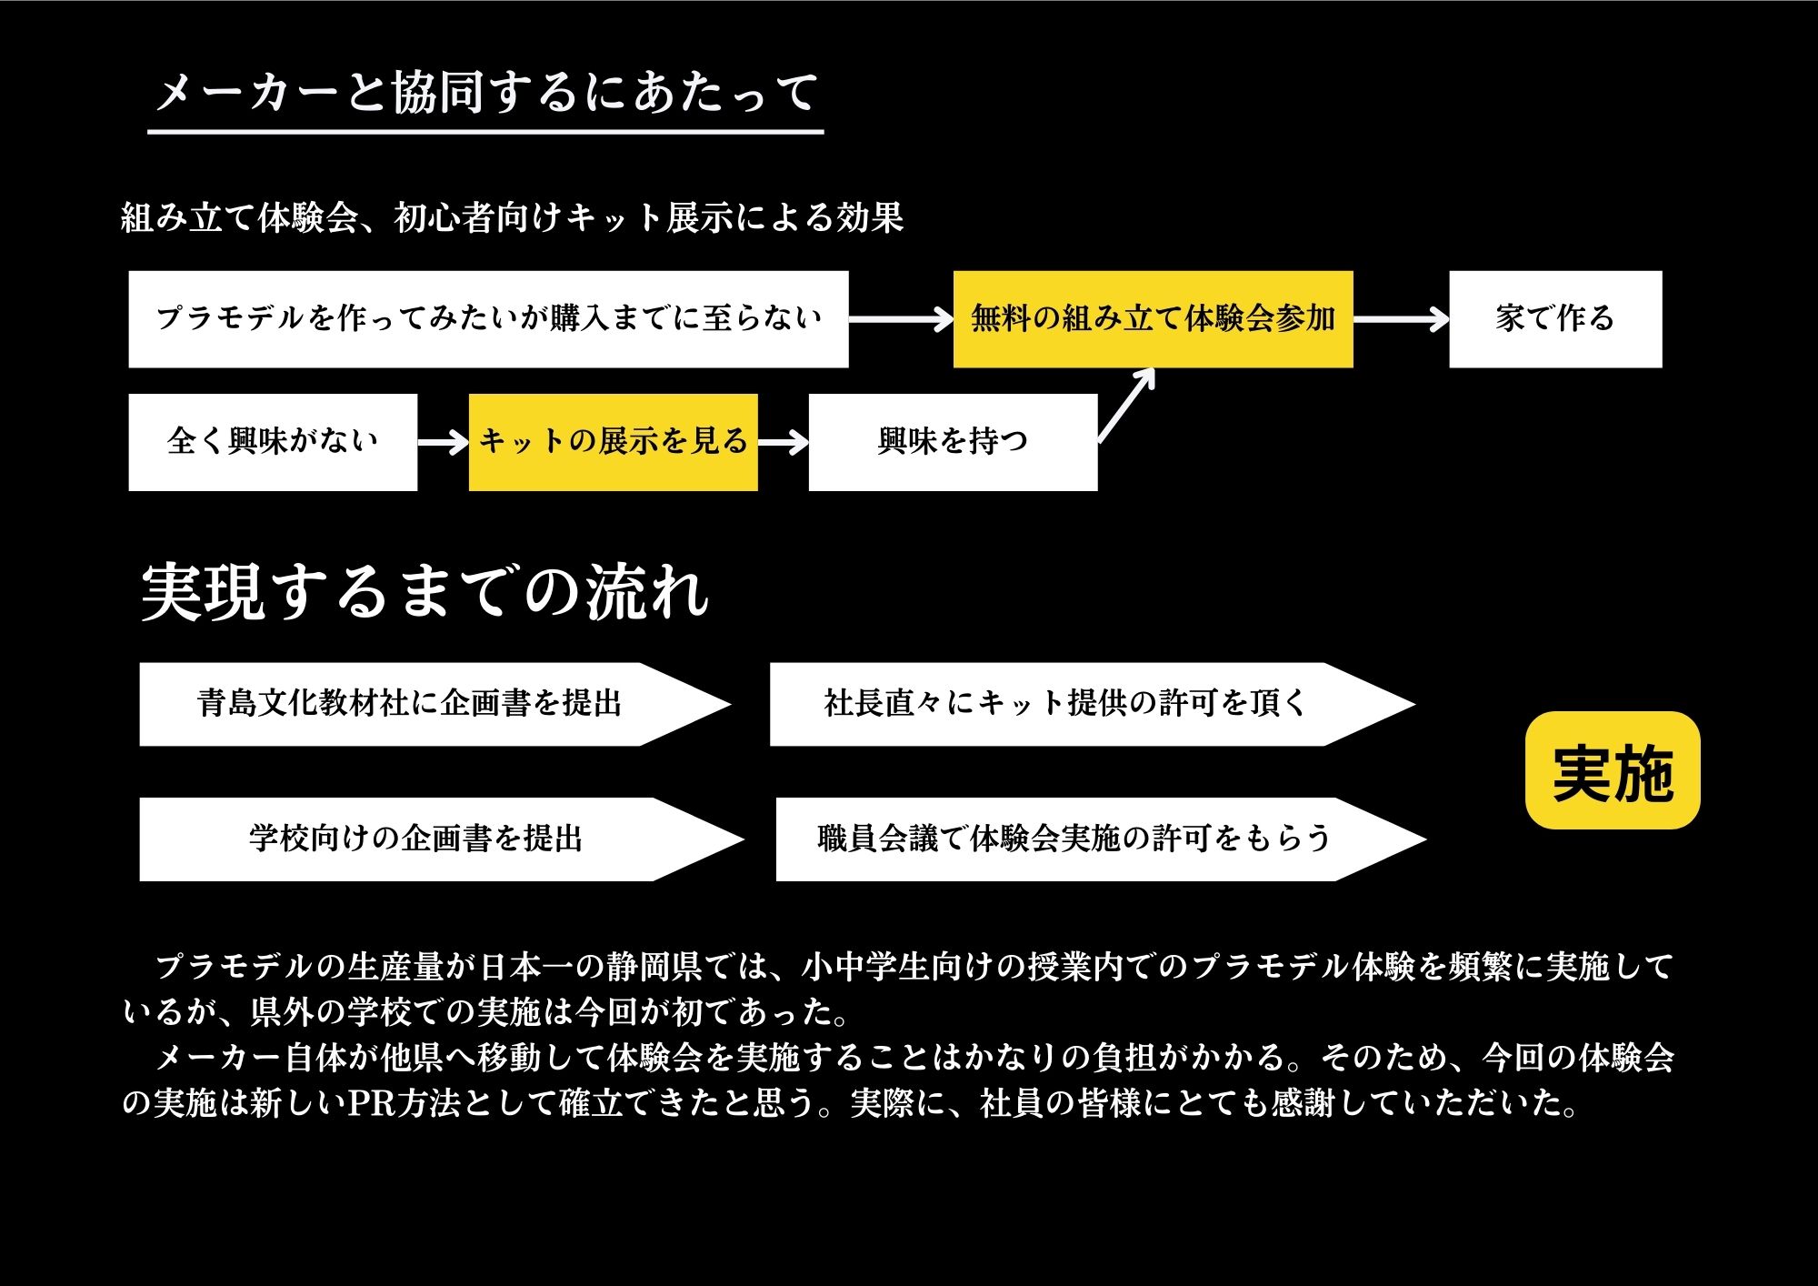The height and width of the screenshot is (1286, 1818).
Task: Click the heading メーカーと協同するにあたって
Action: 486,93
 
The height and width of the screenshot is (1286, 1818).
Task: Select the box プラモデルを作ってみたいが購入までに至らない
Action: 488,319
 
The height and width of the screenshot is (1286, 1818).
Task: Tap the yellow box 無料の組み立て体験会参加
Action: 1153,319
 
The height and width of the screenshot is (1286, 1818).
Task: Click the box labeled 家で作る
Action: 1555,319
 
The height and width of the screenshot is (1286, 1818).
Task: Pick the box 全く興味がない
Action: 273,443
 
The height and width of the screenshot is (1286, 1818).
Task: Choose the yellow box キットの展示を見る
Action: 613,443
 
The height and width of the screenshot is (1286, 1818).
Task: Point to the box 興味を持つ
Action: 953,443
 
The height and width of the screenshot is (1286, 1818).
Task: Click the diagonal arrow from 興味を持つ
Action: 1126,406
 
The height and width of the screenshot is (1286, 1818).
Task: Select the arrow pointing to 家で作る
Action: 1401,319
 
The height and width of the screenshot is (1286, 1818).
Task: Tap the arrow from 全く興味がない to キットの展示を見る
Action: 444,443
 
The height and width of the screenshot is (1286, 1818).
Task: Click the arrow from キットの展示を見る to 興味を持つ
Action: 784,443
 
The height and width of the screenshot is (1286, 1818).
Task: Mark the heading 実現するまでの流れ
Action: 425,593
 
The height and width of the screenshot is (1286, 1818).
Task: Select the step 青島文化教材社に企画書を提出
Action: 435,704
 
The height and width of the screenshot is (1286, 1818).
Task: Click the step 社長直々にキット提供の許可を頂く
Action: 1092,704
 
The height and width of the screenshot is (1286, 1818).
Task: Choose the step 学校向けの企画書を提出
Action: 441,839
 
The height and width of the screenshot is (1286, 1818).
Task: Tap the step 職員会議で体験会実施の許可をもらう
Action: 1101,839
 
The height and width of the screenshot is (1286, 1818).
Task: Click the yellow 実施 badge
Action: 1613,770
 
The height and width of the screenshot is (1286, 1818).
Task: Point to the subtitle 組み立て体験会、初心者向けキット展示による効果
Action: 513,218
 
